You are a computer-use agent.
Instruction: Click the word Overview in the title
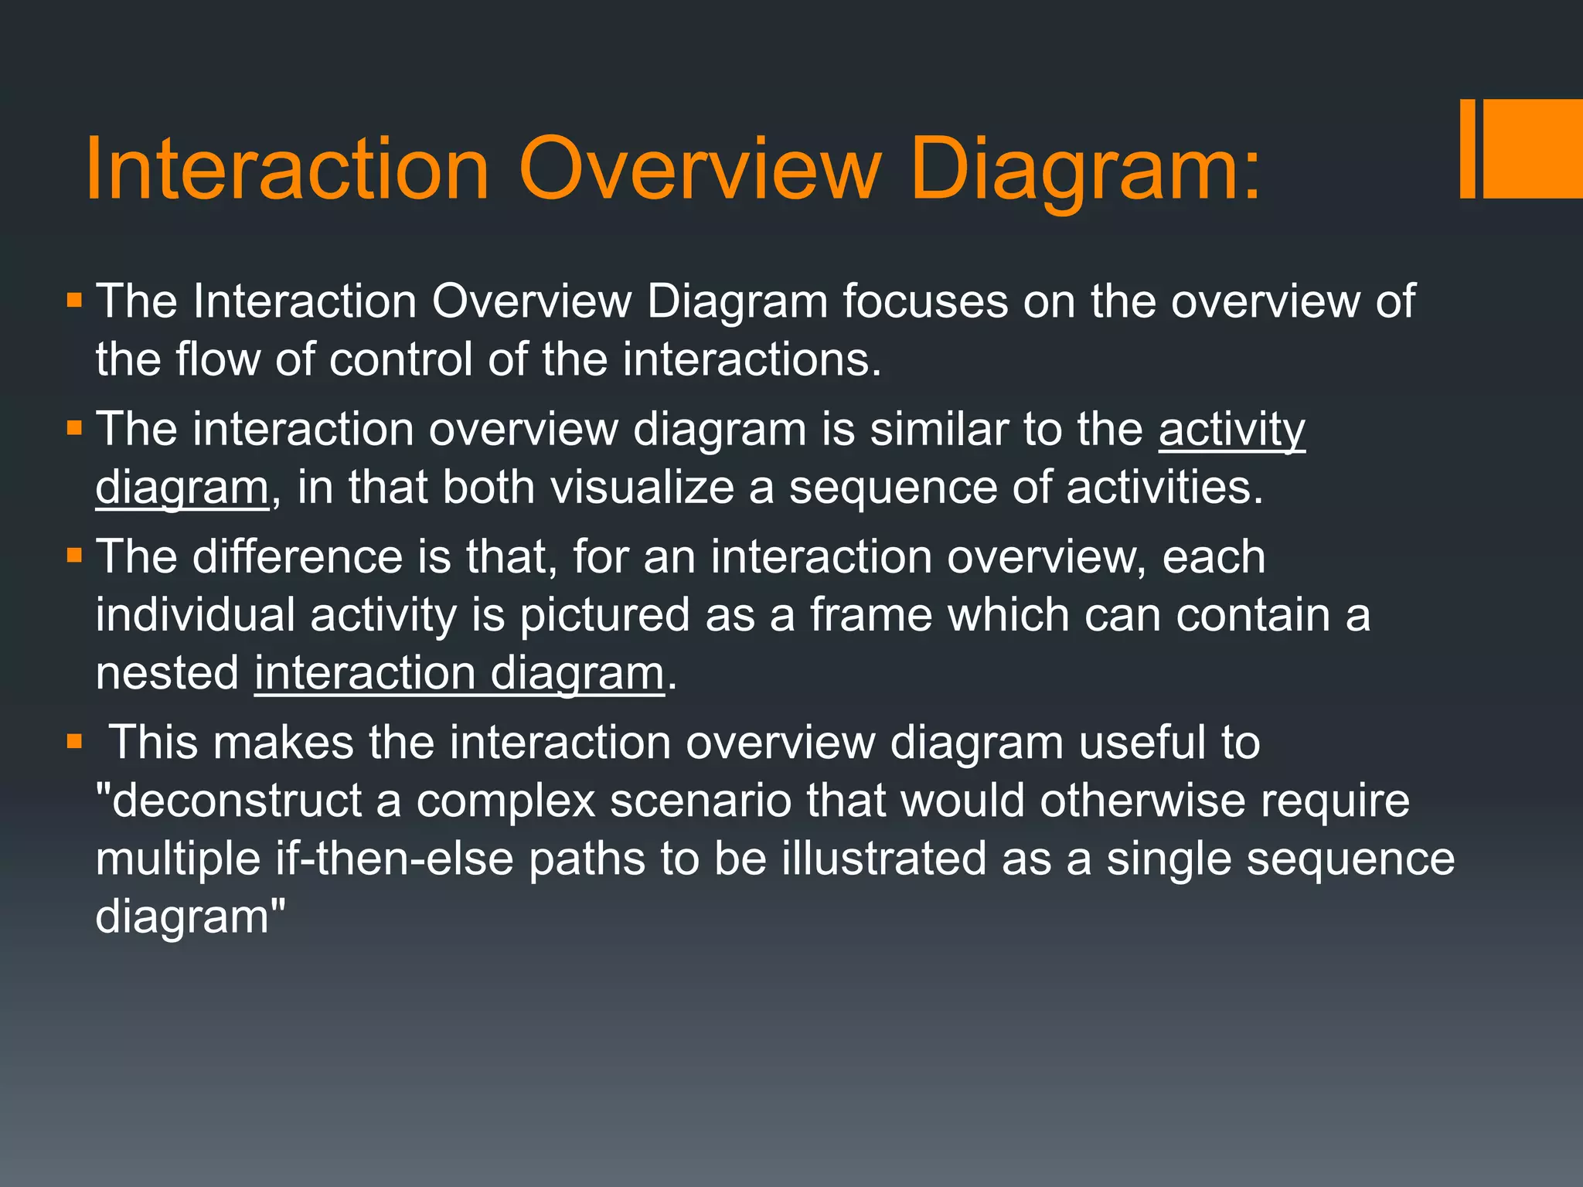[700, 168]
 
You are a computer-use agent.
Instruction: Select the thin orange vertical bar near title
[1468, 148]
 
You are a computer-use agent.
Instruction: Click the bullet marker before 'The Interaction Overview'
[74, 301]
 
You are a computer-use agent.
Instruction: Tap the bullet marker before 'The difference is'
[74, 556]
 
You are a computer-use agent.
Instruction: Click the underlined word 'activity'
[1231, 429]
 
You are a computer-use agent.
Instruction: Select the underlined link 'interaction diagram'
[459, 673]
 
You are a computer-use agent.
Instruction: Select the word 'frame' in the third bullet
[871, 615]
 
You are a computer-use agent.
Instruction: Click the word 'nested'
[168, 673]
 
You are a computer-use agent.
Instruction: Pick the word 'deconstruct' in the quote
[237, 801]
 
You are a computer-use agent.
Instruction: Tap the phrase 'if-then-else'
[394, 859]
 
